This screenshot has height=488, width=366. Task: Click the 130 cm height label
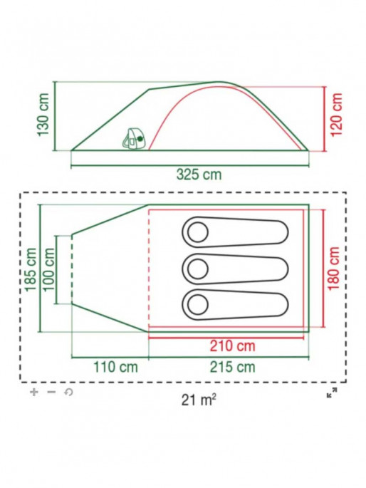pos(43,115)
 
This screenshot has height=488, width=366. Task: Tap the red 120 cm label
pos(336,115)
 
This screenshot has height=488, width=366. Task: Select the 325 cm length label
pos(199,175)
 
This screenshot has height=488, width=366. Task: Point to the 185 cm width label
pos(31,269)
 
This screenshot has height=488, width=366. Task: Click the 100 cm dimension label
pos(48,269)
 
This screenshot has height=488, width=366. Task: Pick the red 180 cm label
pos(333,269)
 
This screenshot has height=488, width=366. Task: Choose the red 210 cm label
pos(232,346)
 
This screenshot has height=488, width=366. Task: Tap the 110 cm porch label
pos(115,367)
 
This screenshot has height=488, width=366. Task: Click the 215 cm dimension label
pos(232,367)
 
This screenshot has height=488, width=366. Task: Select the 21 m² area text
pos(199,400)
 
